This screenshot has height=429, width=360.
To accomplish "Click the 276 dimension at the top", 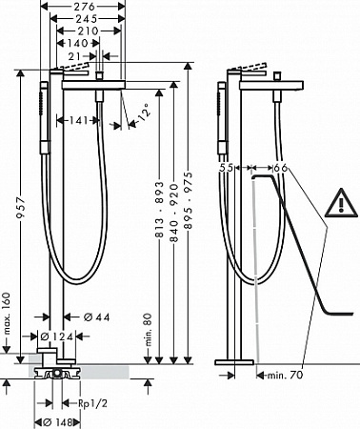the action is pyautogui.click(x=86, y=7).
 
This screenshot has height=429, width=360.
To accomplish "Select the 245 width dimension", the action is pyautogui.click(x=86, y=19).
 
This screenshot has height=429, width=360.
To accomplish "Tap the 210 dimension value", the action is pyautogui.click(x=88, y=31).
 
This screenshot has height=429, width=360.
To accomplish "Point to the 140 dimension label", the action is pyautogui.click(x=77, y=43).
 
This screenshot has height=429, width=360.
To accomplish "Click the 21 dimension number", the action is pyautogui.click(x=75, y=56).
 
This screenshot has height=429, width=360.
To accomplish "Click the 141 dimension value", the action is pyautogui.click(x=78, y=120).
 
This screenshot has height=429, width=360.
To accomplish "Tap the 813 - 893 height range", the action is pyautogui.click(x=159, y=210).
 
